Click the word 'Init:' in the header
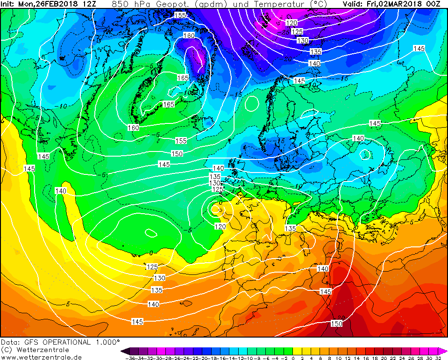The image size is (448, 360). click(9, 4)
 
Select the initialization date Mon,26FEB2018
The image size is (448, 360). click(50, 4)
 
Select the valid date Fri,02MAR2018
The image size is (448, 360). click(397, 4)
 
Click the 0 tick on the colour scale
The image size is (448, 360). click(293, 358)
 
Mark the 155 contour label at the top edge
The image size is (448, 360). click(179, 15)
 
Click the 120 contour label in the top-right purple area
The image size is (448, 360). click(291, 23)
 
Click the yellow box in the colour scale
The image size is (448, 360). click(297, 351)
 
